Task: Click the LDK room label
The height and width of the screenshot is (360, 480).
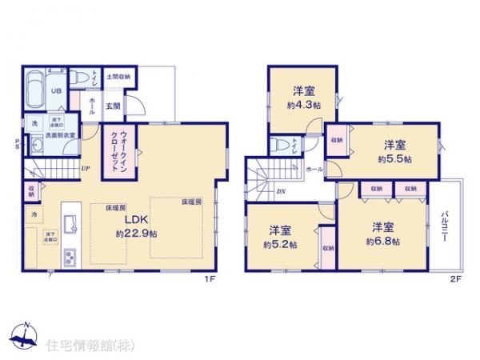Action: [134, 221]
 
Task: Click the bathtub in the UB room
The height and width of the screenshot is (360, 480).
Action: [37, 90]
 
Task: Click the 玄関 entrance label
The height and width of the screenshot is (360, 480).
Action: [112, 106]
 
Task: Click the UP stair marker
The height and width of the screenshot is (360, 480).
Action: [85, 169]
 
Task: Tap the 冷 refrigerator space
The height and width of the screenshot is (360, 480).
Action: [34, 214]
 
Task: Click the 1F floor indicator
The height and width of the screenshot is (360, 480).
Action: [210, 280]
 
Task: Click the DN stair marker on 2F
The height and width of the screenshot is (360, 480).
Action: [282, 191]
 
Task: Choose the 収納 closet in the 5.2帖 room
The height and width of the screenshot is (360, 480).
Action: [328, 248]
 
